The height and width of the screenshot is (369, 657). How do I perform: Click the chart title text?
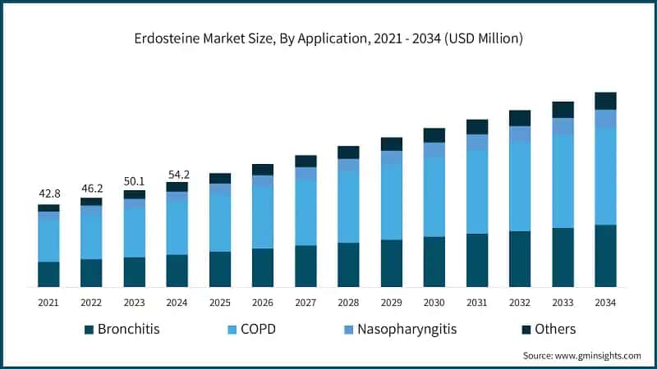(x=328, y=39)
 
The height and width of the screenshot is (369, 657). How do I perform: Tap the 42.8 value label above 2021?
(x=48, y=194)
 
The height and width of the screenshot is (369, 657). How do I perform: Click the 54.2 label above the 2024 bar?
(x=177, y=174)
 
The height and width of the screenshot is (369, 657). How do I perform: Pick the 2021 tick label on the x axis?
(x=48, y=303)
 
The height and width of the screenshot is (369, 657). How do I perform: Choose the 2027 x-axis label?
(x=306, y=303)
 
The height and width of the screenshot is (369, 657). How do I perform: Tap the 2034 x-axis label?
(x=605, y=303)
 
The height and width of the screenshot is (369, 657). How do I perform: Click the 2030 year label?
(x=434, y=303)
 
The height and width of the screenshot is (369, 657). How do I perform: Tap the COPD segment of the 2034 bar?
(x=605, y=176)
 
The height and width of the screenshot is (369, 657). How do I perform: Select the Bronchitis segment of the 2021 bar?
(x=48, y=274)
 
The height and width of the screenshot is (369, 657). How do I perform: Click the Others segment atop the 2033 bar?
(x=563, y=110)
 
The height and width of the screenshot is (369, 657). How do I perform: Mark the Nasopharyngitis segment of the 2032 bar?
(x=520, y=134)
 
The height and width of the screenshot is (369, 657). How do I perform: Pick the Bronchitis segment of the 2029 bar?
(x=391, y=263)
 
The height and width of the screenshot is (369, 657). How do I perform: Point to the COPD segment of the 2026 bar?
(x=263, y=217)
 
